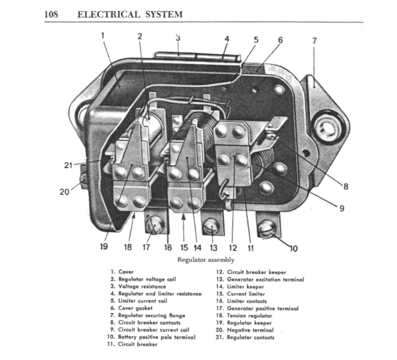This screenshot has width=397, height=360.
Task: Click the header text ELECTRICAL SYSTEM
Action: [130, 14]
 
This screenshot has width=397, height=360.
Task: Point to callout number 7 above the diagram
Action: [314, 41]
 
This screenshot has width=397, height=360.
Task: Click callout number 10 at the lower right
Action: [293, 249]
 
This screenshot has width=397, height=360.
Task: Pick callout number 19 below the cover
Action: [104, 247]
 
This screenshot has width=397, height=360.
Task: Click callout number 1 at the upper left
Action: [102, 36]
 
